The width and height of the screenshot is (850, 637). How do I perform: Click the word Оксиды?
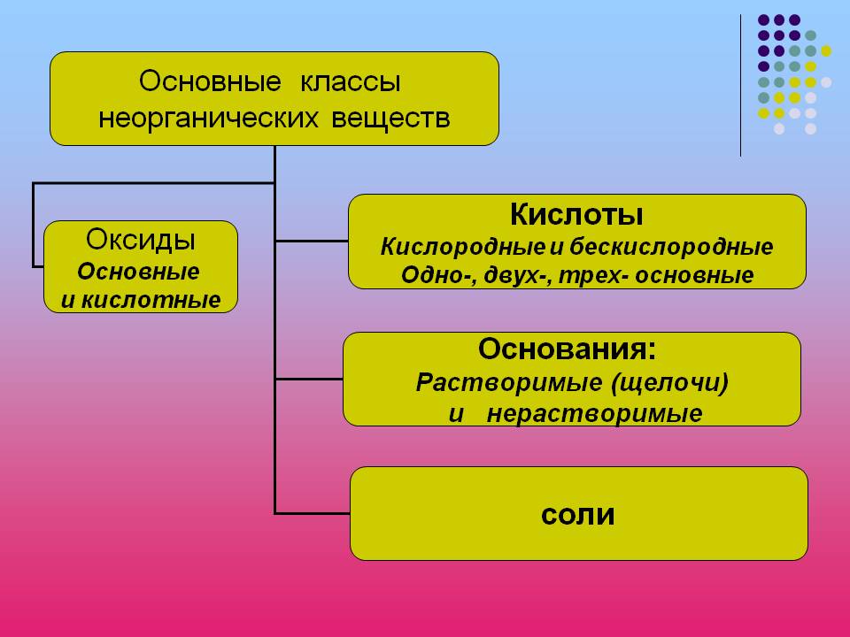[141, 240]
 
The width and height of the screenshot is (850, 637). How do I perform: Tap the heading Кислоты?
[576, 215]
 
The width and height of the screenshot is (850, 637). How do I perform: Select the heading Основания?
[568, 349]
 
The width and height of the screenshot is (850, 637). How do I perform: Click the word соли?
[578, 514]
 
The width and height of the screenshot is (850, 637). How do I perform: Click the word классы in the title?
[349, 82]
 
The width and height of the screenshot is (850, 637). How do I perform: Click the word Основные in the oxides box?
[139, 271]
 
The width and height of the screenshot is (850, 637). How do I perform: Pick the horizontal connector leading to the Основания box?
[309, 378]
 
